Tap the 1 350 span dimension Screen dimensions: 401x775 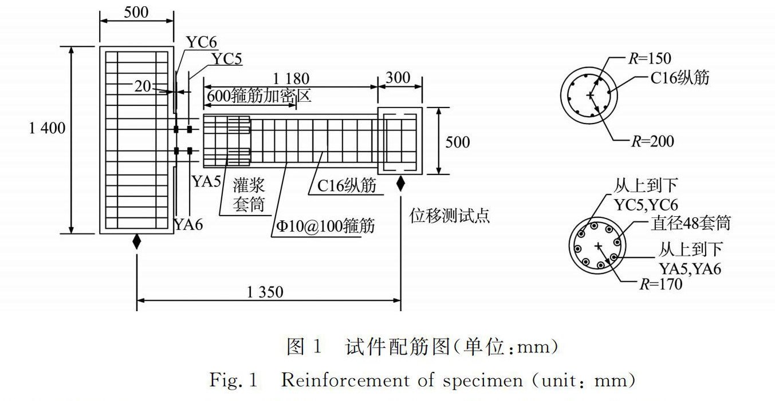tap(265, 292)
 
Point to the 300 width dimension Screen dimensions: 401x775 tap(399, 77)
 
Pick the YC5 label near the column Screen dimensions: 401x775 tap(226, 59)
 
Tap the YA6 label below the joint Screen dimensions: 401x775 tap(188, 225)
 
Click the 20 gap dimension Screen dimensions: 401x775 tap(143, 86)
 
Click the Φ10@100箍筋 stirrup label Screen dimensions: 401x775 tap(325, 225)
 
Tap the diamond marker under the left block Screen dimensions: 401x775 tap(136, 241)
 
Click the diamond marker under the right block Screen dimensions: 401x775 tap(400, 184)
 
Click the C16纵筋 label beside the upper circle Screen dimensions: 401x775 tap(679, 76)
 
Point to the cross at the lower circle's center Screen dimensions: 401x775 tap(598, 246)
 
